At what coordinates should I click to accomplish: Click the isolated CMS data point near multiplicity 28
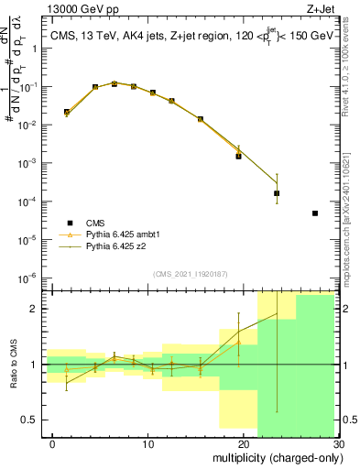point(314,213)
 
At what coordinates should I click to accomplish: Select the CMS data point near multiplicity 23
point(277,193)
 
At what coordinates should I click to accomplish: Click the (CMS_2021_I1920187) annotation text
point(191,273)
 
